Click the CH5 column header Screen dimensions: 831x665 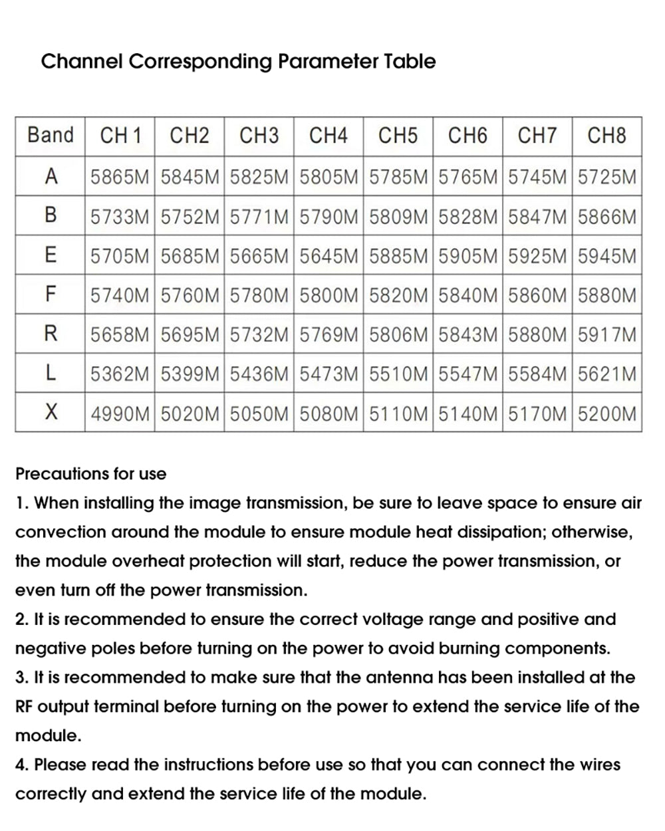coord(398,136)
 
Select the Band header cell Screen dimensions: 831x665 coord(51,136)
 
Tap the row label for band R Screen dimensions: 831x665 coord(51,334)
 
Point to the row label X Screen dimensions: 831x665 coord(51,413)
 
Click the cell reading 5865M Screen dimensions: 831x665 coord(120,177)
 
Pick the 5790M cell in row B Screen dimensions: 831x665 coord(329,216)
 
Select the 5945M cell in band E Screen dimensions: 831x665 coord(607,256)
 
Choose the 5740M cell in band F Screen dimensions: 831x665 coord(120,295)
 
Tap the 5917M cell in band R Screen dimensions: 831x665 coord(607,334)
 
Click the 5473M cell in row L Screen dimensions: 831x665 coord(329,374)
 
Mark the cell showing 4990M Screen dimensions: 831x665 coord(120,414)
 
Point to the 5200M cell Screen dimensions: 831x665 coord(607,414)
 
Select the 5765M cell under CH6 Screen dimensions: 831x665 coord(468,177)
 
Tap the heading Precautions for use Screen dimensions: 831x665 coord(90,474)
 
